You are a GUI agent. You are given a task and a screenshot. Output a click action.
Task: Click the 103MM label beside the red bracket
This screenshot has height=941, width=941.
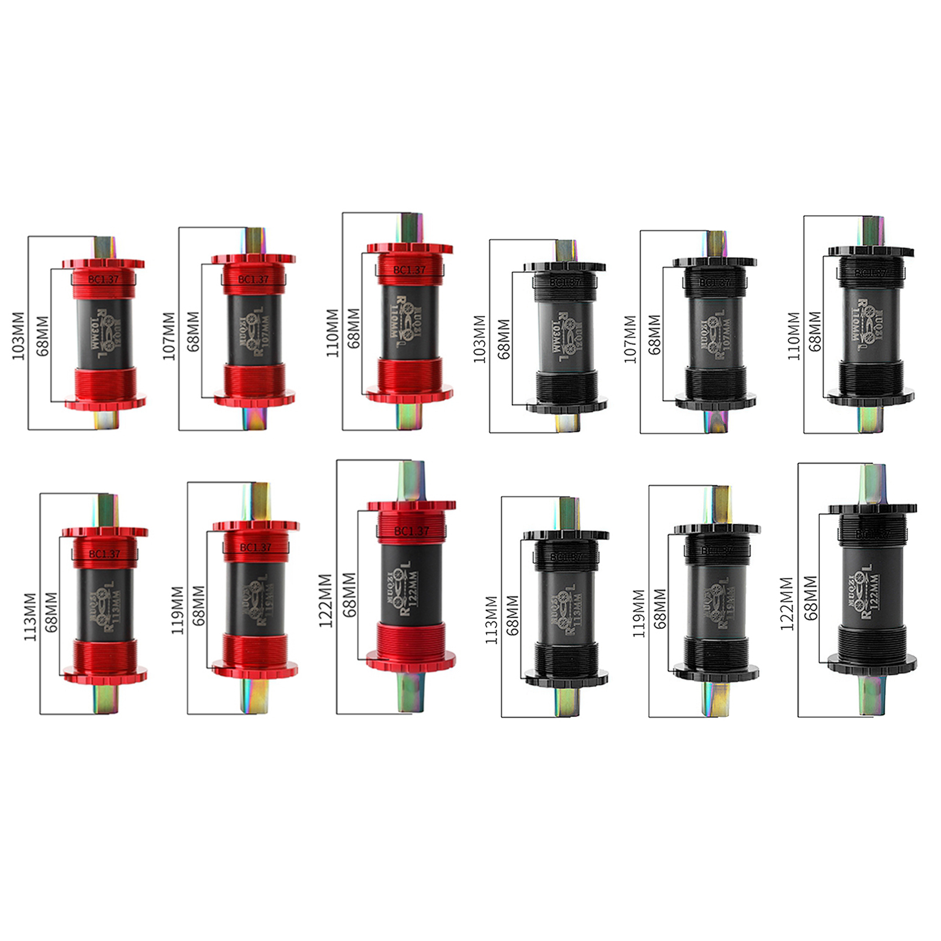pos(18,336)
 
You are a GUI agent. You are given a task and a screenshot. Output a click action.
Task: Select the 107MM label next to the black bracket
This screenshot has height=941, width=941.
pos(630,339)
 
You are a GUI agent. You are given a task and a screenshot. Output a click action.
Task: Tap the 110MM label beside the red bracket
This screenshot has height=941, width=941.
pos(332,333)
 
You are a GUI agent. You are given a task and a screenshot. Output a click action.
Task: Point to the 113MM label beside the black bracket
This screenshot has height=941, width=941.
pos(492,620)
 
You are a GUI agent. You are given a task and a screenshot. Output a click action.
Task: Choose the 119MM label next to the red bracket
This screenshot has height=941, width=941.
pos(178,610)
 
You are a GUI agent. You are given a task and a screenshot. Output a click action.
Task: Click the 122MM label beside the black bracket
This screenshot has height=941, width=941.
pos(787,603)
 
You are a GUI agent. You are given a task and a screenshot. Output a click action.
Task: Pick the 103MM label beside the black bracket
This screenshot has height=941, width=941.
pos(480,339)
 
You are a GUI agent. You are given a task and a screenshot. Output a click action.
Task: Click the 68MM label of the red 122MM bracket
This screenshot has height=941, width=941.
pos(349,595)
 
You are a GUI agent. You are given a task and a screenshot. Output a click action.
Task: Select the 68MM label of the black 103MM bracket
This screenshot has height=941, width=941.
pos(504,339)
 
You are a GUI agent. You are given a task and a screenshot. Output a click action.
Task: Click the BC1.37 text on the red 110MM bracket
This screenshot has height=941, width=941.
pos(409,270)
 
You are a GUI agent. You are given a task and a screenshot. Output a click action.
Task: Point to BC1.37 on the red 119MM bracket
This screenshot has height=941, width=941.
pos(255,548)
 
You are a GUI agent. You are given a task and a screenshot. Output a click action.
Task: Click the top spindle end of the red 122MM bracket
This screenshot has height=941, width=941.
pos(411,479)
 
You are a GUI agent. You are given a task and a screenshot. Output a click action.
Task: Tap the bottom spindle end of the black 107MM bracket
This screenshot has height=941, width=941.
pos(715,421)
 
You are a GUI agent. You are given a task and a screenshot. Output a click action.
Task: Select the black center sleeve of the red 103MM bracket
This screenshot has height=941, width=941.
pos(104,332)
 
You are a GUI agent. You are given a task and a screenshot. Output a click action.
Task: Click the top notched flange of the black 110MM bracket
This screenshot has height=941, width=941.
pos(870,252)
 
